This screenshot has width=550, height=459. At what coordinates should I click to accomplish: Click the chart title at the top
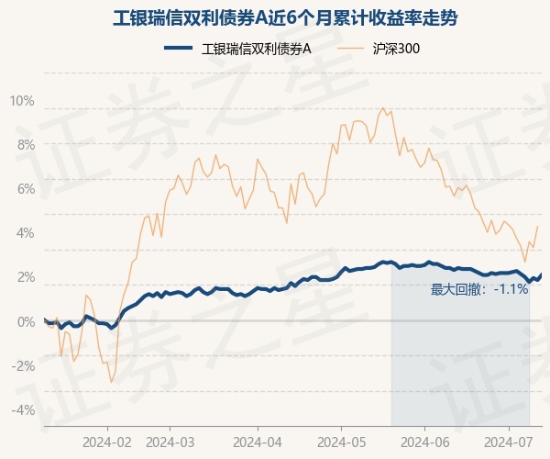tap(274, 17)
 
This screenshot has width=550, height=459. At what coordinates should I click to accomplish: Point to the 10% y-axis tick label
tap(22, 100)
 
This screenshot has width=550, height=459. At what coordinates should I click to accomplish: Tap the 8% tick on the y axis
tap(25, 144)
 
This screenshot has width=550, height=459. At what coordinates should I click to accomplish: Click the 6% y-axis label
tap(25, 188)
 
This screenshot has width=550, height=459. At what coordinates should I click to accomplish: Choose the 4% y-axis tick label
tap(25, 232)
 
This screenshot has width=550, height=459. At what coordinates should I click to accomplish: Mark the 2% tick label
tap(25, 276)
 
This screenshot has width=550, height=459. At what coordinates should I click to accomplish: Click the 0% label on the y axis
tap(25, 321)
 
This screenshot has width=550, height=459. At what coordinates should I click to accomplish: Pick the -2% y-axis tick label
tap(23, 365)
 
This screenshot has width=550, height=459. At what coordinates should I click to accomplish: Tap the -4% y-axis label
tap(23, 409)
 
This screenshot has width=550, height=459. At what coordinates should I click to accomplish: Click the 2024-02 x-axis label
tap(107, 441)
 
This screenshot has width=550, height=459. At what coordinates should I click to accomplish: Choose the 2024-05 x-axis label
tap(341, 441)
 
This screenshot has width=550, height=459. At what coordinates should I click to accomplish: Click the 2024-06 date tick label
tap(424, 441)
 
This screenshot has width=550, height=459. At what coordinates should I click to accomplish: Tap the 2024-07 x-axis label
tap(510, 441)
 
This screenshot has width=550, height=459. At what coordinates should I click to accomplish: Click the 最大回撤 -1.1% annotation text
tap(479, 289)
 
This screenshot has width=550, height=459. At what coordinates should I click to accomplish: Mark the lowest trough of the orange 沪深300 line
tap(111, 382)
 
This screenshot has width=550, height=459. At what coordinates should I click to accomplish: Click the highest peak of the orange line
tap(381, 107)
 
